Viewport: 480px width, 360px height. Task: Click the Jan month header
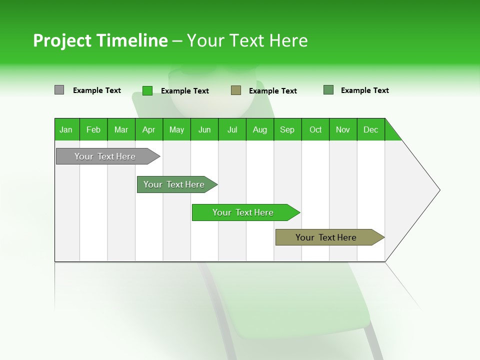point(66,129)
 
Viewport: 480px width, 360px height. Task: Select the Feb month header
point(93,129)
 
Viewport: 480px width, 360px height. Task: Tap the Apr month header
point(149,129)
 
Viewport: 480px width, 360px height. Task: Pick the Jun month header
point(204,129)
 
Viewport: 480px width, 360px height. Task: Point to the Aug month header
point(260,129)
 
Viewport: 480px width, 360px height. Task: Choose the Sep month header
point(287,129)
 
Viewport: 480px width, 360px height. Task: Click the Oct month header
point(315,129)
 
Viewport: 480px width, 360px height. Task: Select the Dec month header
point(371,129)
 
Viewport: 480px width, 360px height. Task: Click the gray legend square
point(59,90)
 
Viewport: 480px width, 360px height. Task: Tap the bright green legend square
point(147,90)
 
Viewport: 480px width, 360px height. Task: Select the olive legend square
point(236,90)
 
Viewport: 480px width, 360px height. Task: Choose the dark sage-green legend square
point(328,90)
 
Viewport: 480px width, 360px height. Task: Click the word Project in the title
point(61,40)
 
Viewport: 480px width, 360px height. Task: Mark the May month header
point(176,129)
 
